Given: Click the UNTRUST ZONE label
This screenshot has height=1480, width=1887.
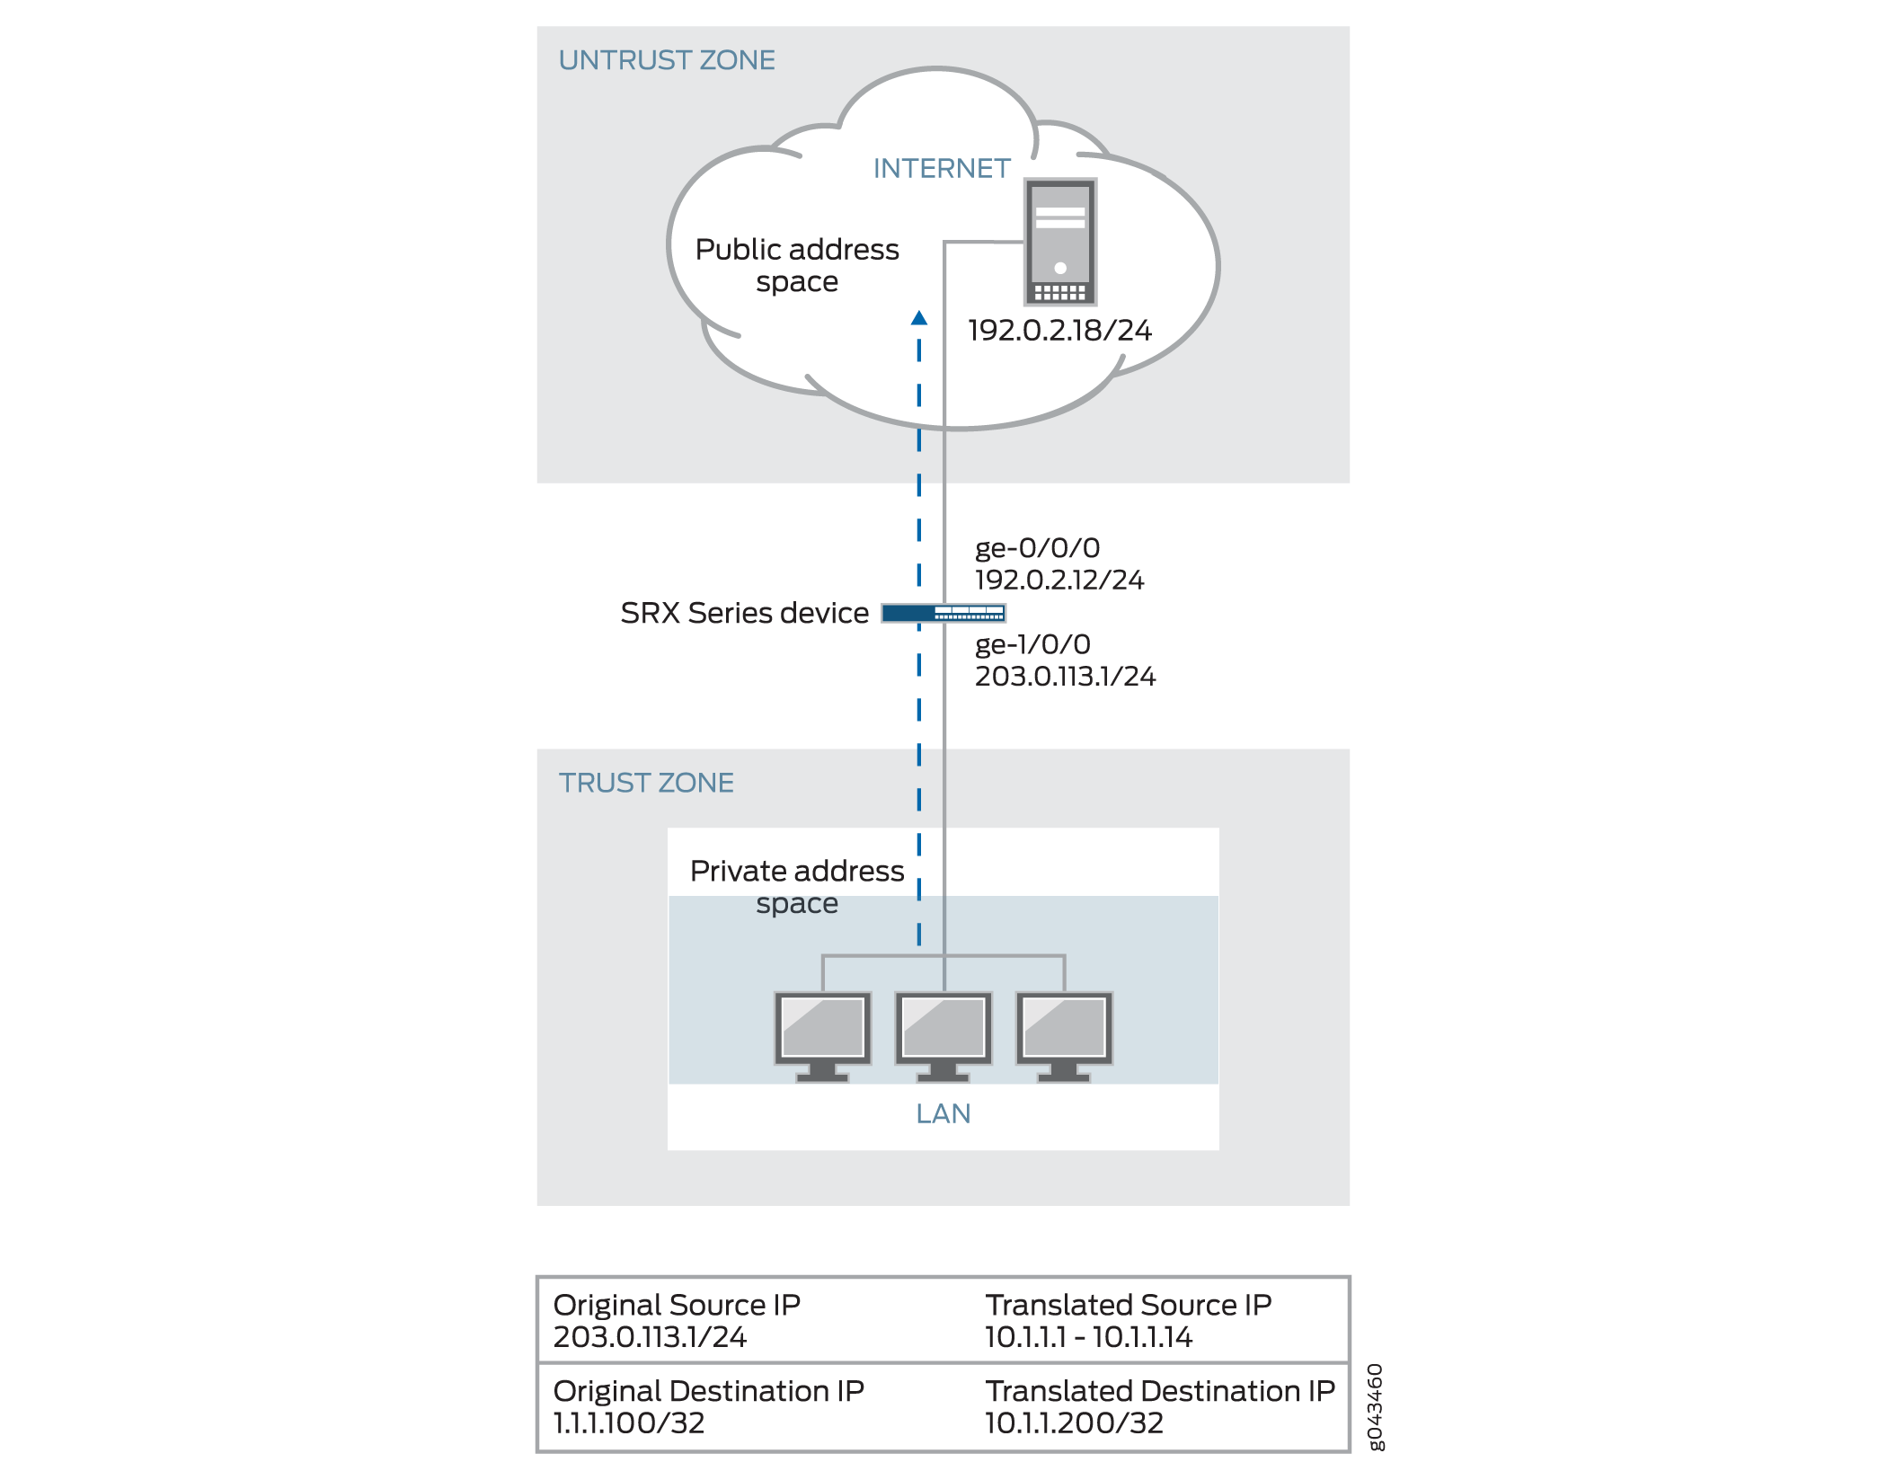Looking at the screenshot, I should tap(666, 60).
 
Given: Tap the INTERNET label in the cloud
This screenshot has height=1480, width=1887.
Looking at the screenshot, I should tap(941, 168).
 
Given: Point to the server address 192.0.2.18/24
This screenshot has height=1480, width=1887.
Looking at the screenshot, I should tap(1059, 331).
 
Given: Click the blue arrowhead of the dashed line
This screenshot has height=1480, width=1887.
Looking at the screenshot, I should tap(918, 318).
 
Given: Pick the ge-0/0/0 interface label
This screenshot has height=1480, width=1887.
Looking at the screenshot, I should tap(1037, 548).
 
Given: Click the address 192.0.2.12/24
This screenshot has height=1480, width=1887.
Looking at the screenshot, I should tap(1059, 580).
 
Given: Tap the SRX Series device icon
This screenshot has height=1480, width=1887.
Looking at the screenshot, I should tap(943, 614).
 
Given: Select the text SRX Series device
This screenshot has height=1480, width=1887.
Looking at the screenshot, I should tap(744, 613).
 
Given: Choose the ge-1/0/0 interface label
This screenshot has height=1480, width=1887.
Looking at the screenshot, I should tap(1032, 644).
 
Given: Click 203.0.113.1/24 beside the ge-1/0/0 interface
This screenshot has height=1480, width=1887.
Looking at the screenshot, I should tap(1065, 677).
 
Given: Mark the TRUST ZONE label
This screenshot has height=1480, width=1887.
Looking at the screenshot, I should tap(646, 783).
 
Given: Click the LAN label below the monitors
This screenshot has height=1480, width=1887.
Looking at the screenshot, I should tap(943, 1114).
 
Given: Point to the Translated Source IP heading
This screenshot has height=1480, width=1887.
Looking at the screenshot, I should tap(1128, 1305).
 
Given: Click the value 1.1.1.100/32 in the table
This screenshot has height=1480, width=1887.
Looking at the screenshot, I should tap(629, 1423).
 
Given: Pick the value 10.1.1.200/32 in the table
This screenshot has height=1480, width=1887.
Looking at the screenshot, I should tap(1074, 1423).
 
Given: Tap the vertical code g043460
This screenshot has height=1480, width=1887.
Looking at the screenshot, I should tap(1375, 1406).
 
